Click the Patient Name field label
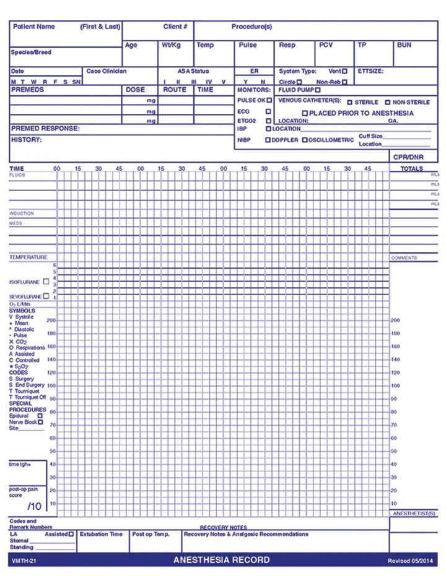coord(34,27)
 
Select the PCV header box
coord(326,45)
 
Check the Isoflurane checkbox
coord(46,282)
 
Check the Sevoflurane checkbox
coord(46,296)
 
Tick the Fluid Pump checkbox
coord(318,90)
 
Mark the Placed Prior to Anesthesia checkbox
coord(305,113)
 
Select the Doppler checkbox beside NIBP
coord(268,140)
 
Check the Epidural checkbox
coord(40,416)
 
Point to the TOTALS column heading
coord(412,168)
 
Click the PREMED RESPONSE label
coord(45,128)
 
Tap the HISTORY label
coord(27,140)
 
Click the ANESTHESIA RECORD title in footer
coord(222,560)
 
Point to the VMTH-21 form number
coord(24,561)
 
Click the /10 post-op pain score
coord(35,506)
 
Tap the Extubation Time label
coord(102,534)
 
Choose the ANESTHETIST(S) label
coord(414,514)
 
